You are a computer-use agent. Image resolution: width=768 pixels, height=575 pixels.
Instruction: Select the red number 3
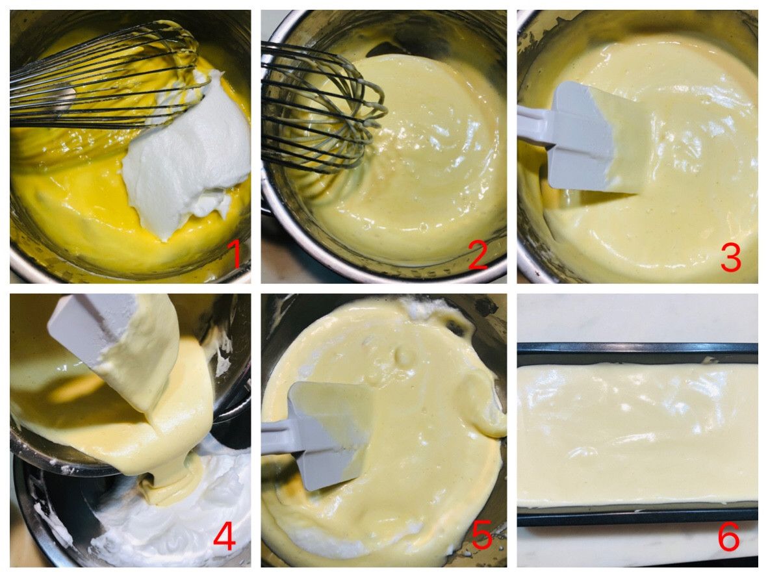pyautogui.click(x=730, y=258)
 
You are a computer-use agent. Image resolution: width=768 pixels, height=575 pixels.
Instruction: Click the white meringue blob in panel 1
pyautogui.click(x=186, y=152)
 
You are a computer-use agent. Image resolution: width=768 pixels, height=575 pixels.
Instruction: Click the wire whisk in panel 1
pyautogui.click(x=105, y=79)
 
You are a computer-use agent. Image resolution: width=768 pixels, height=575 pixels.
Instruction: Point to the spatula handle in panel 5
pyautogui.click(x=277, y=437)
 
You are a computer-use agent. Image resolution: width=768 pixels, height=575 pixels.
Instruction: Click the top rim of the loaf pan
pyautogui.click(x=637, y=347)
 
